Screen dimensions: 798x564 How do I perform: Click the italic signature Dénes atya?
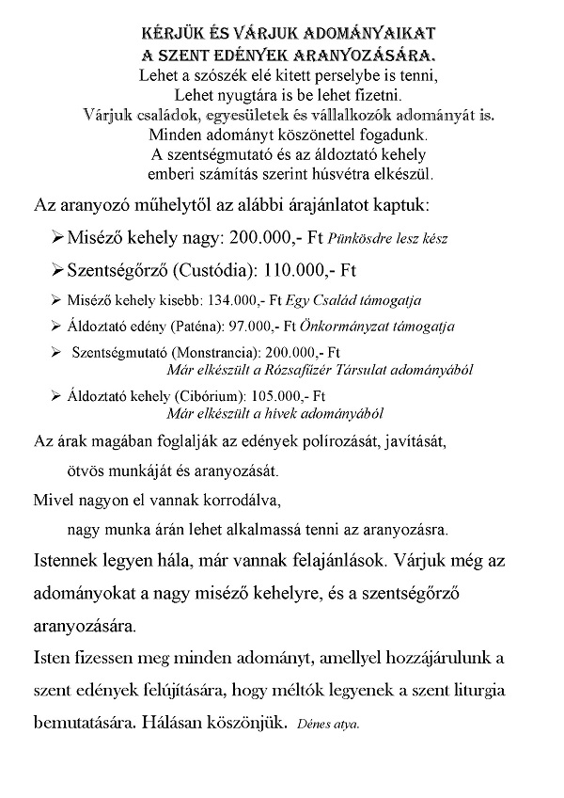(x=327, y=726)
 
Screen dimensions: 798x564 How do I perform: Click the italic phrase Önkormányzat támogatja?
(x=376, y=327)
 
